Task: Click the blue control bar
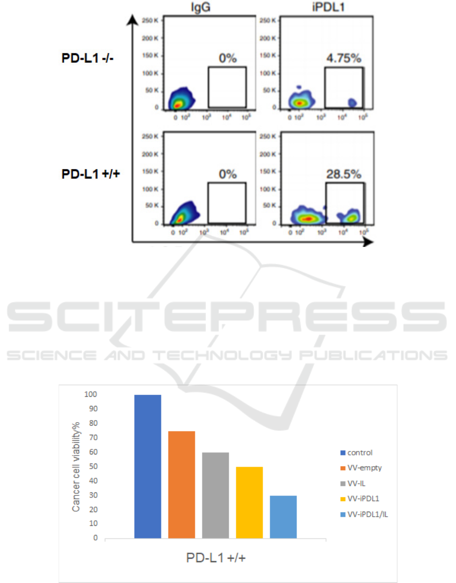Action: (148, 466)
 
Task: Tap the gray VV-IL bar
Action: (216, 495)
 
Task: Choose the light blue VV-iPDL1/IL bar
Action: (283, 517)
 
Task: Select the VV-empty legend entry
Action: (364, 468)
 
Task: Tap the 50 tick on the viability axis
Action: (93, 466)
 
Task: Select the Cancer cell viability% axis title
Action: (76, 466)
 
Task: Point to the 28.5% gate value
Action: (344, 175)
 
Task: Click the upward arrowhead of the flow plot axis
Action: (133, 19)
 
